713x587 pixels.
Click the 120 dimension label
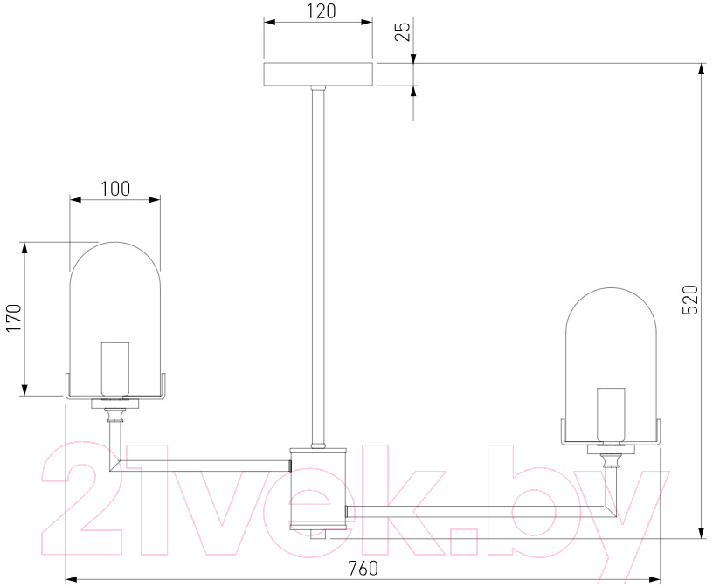click(321, 11)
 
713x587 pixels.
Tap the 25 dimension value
click(403, 31)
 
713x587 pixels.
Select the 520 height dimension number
click(689, 300)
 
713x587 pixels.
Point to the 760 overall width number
click(363, 568)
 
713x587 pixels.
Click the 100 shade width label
click(115, 188)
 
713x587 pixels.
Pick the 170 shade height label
click(14, 318)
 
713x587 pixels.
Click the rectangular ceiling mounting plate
click(318, 74)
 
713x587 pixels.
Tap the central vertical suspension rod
click(318, 267)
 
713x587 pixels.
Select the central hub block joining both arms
click(318, 489)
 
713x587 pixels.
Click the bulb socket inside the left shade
click(115, 369)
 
